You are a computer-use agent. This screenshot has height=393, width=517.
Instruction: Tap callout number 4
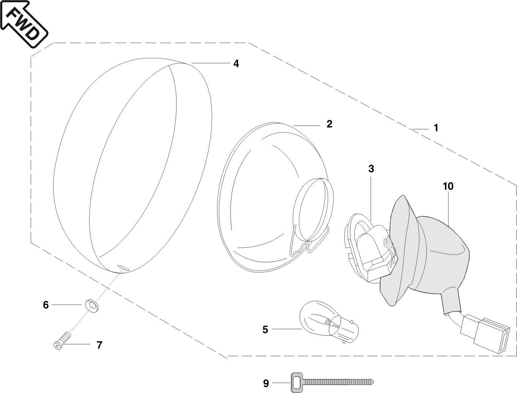(x=236, y=64)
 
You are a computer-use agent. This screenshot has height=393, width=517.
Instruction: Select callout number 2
(x=329, y=124)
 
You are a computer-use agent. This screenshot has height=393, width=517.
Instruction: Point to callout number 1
(x=436, y=128)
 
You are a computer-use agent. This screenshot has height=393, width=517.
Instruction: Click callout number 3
(x=371, y=169)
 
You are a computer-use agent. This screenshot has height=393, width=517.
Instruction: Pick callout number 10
(x=448, y=186)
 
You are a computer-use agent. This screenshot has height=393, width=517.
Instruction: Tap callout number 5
(x=265, y=330)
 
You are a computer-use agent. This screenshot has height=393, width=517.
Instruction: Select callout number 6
(x=46, y=305)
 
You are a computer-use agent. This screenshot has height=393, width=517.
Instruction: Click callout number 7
(x=99, y=345)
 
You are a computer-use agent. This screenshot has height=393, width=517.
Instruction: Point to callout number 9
(x=266, y=384)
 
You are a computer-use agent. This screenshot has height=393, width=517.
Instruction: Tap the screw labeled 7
(x=62, y=341)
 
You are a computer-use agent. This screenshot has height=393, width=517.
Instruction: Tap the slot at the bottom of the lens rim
(x=123, y=267)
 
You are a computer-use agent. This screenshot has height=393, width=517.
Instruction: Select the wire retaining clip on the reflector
(x=309, y=243)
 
